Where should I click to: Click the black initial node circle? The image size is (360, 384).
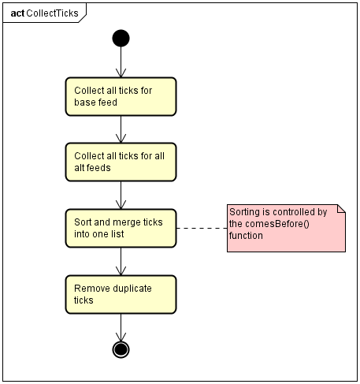coord(121,39)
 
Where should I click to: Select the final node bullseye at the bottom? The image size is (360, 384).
coord(121,349)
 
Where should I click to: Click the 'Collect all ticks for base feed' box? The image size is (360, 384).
coord(121,96)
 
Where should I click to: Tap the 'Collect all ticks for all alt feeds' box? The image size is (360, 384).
coord(121,162)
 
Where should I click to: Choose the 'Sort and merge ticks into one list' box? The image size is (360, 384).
coord(121,228)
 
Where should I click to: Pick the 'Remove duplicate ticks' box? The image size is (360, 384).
coord(121,294)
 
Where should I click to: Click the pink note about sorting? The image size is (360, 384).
coord(286,228)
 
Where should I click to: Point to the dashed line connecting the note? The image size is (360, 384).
coord(202,228)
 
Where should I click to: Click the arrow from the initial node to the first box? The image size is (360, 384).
coord(121,62)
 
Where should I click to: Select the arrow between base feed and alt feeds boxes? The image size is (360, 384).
coord(121,129)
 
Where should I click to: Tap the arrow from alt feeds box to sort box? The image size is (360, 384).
coord(121,195)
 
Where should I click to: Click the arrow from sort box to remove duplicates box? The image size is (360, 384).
coord(121,261)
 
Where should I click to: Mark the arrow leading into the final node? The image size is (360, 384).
coord(121,327)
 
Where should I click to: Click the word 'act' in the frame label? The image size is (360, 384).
coord(17,13)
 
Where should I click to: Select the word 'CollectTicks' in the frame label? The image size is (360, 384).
coord(52,13)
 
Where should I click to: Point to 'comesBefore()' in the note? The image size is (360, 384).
coord(277,224)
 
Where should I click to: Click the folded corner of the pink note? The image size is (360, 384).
coord(341,209)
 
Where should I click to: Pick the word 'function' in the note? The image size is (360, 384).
coord(246,236)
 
